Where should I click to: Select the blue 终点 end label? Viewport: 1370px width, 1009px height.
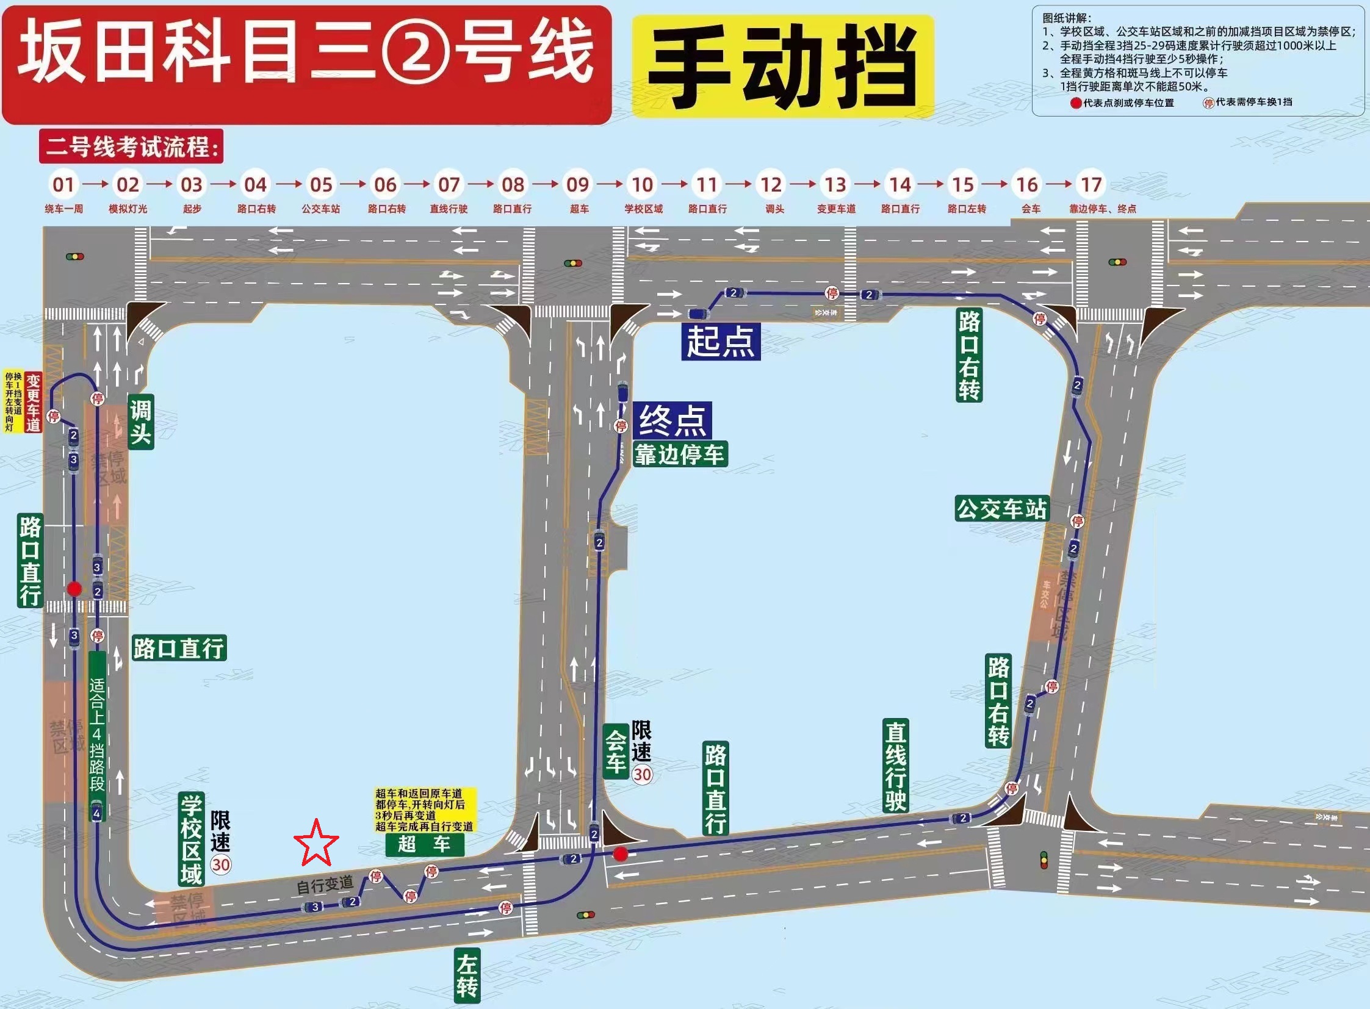[672, 420]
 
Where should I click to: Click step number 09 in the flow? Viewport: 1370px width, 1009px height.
[577, 184]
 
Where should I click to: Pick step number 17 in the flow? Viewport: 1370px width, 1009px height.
[1091, 184]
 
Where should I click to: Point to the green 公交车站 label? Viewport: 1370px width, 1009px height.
[1001, 509]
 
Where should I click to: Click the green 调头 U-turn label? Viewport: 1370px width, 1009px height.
[140, 422]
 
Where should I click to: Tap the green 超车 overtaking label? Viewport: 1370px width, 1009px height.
[424, 844]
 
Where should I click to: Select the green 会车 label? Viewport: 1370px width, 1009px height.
[616, 751]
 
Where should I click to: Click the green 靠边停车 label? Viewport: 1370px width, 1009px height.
[679, 454]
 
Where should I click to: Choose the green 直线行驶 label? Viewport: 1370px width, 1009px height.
[895, 767]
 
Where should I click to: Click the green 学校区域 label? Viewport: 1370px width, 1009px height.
[191, 840]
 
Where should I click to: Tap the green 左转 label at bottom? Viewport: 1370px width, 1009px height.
[467, 975]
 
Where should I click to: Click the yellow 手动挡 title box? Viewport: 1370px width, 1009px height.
[783, 66]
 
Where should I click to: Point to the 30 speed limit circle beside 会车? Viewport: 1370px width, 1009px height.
[641, 775]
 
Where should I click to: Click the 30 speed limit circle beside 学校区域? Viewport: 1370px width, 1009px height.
[220, 864]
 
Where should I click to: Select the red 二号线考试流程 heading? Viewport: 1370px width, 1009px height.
[131, 146]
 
